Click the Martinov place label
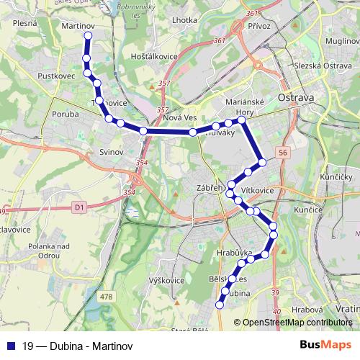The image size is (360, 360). [x=79, y=26]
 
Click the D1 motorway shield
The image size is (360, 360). [x=79, y=208]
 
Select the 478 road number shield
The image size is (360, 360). [x=107, y=297]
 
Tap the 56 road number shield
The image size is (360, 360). [x=283, y=153]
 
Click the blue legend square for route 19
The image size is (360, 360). [x=10, y=345]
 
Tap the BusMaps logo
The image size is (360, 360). [x=325, y=344]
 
